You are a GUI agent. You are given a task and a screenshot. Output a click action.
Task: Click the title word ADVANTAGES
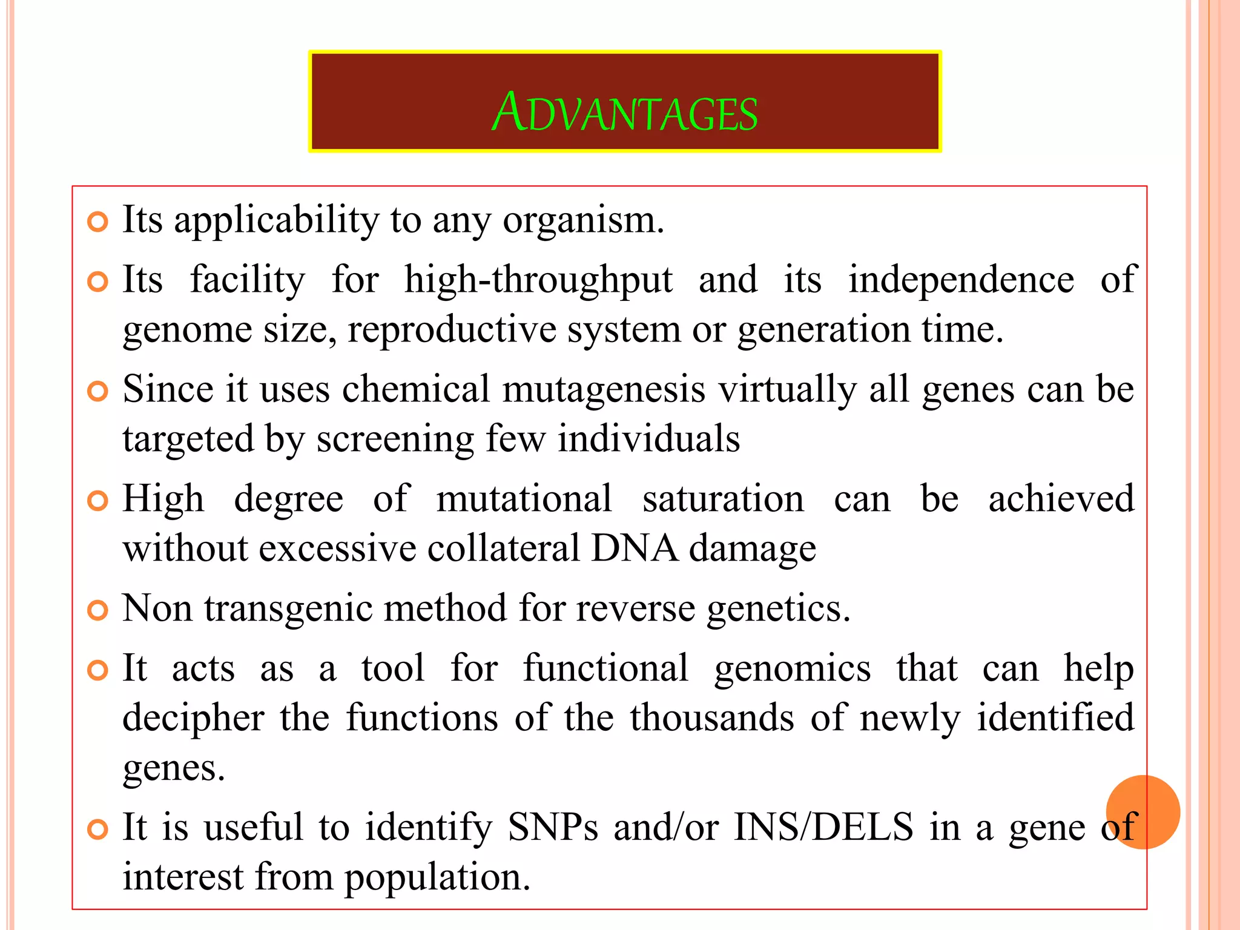coord(624,113)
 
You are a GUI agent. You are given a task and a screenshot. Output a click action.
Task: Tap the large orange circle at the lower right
coord(1143,812)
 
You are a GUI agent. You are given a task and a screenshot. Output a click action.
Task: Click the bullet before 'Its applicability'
coord(97,222)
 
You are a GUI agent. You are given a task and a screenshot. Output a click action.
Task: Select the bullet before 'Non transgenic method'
coord(97,610)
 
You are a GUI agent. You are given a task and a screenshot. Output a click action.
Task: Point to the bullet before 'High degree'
coord(97,501)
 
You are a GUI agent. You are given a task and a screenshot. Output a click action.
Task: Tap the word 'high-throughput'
coord(538,281)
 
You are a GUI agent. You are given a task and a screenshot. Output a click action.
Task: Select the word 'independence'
coord(961,280)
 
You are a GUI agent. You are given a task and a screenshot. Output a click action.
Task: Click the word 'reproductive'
coord(452,330)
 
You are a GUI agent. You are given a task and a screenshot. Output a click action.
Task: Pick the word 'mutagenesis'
coord(604,389)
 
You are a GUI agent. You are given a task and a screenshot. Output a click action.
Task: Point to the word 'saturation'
coord(723,499)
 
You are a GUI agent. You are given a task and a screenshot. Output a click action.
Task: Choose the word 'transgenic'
coord(288,609)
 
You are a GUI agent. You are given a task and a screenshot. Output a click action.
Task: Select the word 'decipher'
coord(194,719)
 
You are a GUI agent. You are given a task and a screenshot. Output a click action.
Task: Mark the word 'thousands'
coord(712,718)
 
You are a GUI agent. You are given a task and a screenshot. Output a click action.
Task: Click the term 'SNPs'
coord(553,827)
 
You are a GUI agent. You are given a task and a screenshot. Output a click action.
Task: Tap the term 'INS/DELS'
coord(823,827)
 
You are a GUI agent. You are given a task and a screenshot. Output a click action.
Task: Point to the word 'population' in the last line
coord(437,878)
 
